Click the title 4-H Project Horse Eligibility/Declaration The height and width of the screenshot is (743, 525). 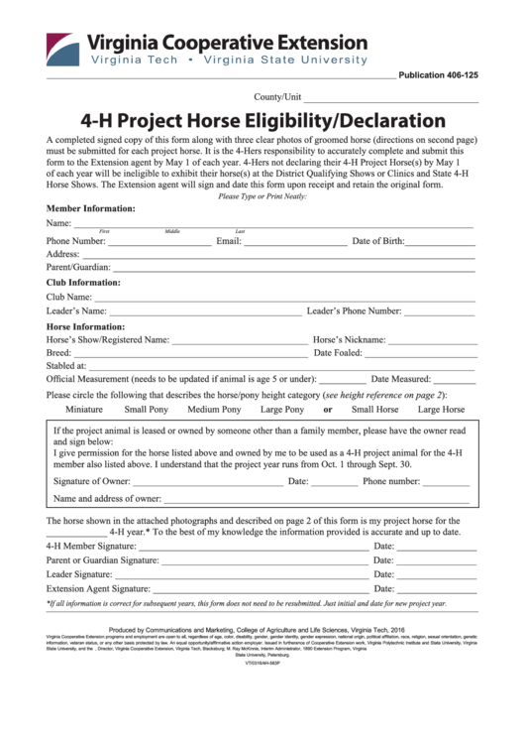(262, 122)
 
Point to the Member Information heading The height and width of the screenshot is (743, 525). (91, 209)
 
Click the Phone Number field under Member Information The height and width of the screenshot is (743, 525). (158, 243)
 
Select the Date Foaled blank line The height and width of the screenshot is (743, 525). (421, 354)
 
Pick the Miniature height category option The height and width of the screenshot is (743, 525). (84, 410)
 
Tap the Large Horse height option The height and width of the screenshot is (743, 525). (441, 410)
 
